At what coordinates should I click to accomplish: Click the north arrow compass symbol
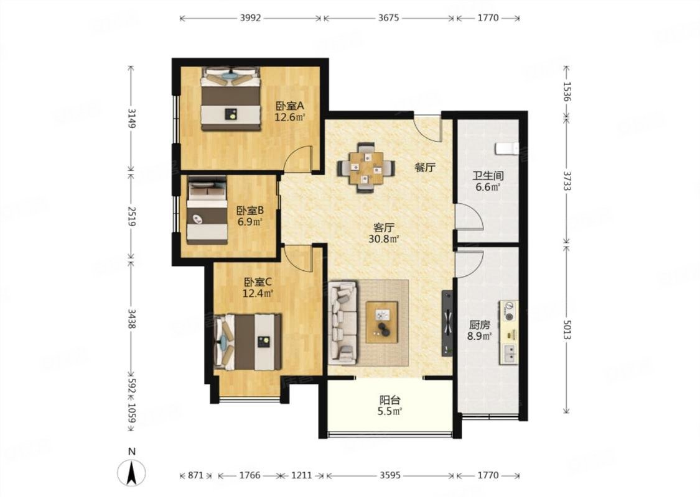click(x=131, y=473)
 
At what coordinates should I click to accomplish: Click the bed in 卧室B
click(x=207, y=210)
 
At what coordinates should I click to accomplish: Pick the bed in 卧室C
click(x=249, y=341)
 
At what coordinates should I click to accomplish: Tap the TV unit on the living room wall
click(x=447, y=323)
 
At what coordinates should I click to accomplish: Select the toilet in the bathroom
click(x=506, y=148)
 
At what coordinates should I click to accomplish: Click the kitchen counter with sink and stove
click(x=509, y=332)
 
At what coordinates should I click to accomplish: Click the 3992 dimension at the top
click(x=251, y=19)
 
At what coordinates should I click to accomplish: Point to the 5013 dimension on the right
click(x=567, y=327)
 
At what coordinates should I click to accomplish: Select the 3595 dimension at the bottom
click(x=390, y=476)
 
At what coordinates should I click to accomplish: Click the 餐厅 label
click(x=424, y=168)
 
